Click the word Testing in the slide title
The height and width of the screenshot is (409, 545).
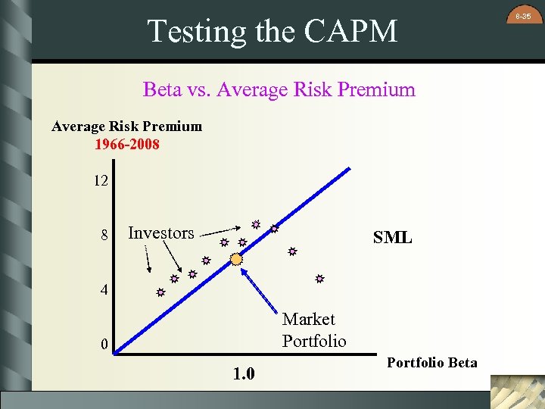pos(191,31)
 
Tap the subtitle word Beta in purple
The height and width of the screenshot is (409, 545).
pos(162,89)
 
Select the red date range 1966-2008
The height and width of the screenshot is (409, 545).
pos(127,144)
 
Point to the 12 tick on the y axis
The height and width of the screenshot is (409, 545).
pos(101,182)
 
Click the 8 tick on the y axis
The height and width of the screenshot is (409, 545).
pos(105,236)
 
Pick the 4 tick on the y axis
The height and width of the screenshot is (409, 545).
pos(105,290)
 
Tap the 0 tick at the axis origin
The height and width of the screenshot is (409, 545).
pos(105,345)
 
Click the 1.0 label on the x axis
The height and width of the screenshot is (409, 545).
pos(243,374)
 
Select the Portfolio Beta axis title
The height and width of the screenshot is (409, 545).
pos(432,362)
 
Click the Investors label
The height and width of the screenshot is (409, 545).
pos(161,233)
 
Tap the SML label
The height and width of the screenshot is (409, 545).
pos(392,238)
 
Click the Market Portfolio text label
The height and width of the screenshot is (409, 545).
pos(313,329)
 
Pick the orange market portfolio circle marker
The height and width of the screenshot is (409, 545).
pos(236,260)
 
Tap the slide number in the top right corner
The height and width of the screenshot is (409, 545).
pos(523,16)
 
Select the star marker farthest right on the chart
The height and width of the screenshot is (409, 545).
pos(320,279)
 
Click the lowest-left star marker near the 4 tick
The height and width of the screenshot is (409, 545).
pos(160,292)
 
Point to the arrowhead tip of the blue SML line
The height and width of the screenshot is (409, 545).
pos(350,167)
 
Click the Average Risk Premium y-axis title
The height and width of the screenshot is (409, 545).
pos(127,126)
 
